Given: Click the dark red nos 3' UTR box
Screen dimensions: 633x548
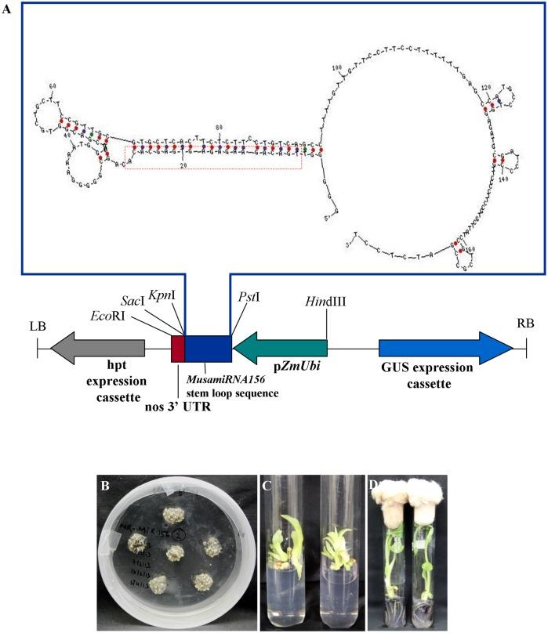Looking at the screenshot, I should [x=178, y=348].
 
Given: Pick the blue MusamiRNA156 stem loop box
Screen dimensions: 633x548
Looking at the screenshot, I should [x=208, y=348].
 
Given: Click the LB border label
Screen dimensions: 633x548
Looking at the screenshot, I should [x=37, y=325].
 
